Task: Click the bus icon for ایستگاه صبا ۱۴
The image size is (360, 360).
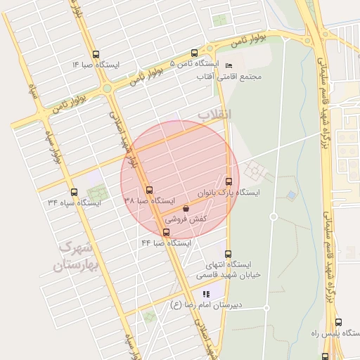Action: (96, 53)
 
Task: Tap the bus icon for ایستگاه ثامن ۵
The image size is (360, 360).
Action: (195, 53)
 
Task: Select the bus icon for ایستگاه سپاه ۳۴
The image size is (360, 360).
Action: (74, 192)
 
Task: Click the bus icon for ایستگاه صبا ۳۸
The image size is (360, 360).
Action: (148, 190)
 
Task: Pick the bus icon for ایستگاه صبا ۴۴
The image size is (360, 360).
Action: (166, 232)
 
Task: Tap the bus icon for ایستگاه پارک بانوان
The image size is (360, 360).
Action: (229, 181)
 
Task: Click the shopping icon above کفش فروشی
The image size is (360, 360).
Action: (186, 208)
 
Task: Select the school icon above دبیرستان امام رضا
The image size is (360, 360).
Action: (205, 294)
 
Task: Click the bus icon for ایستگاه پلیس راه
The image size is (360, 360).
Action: (338, 322)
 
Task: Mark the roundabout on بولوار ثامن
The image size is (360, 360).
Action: (107, 89)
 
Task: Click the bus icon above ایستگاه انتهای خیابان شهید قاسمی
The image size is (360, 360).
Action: (227, 254)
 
